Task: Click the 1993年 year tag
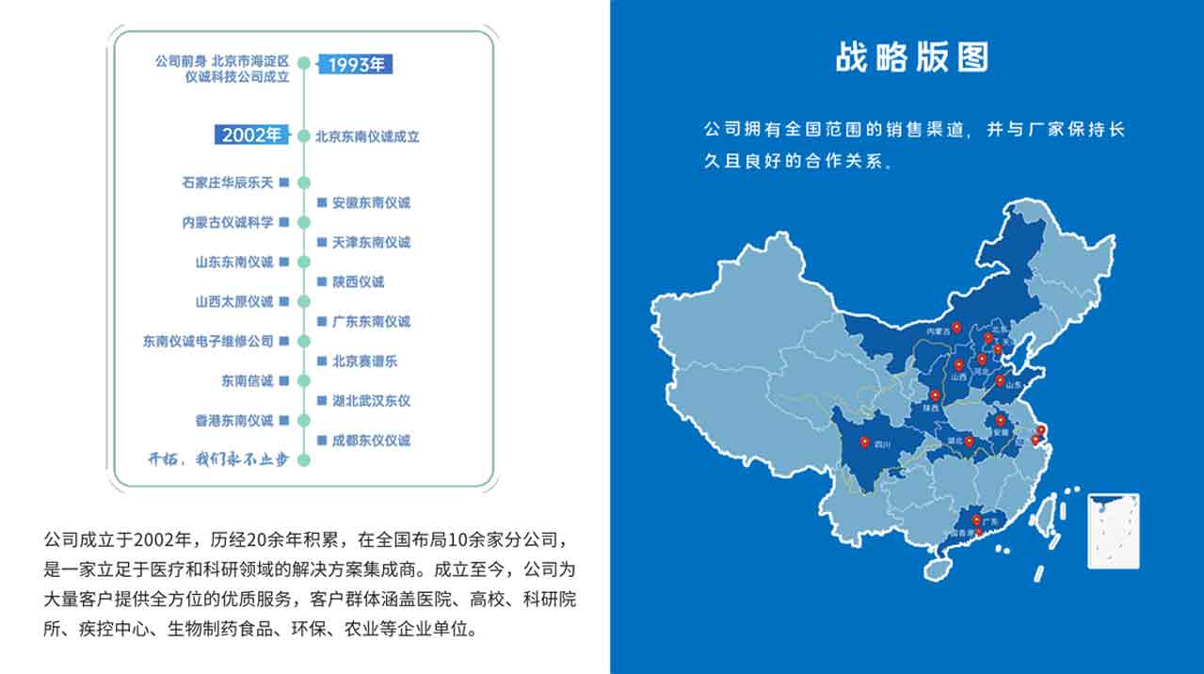[355, 65]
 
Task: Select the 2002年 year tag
[251, 136]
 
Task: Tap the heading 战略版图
[912, 56]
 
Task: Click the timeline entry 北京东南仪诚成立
[367, 136]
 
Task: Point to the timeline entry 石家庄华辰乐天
[228, 182]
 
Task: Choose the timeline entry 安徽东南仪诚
[371, 202]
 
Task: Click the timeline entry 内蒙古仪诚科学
[228, 222]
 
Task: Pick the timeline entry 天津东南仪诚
[371, 242]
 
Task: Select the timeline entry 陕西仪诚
[358, 281]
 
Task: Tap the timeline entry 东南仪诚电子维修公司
[208, 341]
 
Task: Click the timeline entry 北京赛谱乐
[364, 361]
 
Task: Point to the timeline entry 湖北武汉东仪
[371, 400]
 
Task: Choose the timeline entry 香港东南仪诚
[234, 420]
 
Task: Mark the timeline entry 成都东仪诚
[371, 440]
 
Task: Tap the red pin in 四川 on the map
[864, 441]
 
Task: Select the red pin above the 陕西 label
[935, 396]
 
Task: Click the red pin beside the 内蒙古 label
[956, 328]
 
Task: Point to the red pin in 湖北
[969, 441]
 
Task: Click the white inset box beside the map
[1114, 530]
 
